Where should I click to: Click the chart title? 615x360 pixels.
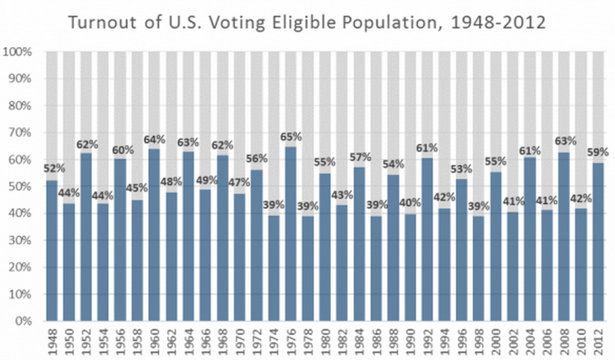pyautogui.click(x=307, y=22)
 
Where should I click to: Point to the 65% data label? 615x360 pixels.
pyautogui.click(x=291, y=137)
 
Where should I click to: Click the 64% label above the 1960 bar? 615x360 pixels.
pyautogui.click(x=154, y=139)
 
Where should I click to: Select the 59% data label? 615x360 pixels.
pyautogui.click(x=599, y=153)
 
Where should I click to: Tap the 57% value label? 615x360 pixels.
pyautogui.click(x=360, y=158)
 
